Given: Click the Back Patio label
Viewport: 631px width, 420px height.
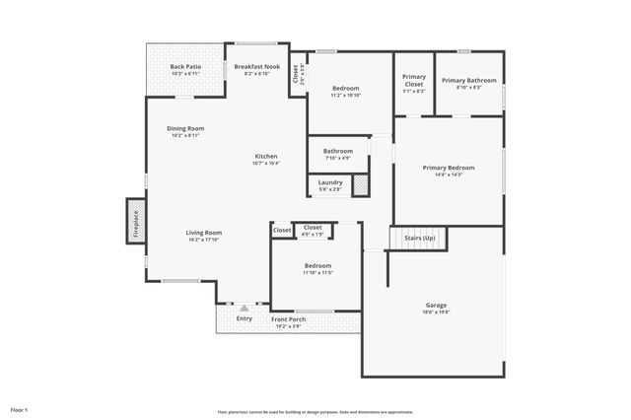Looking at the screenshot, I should (185, 67).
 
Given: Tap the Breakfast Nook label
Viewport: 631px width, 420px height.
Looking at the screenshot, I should (256, 67).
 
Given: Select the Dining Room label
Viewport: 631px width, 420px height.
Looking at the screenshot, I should (185, 129).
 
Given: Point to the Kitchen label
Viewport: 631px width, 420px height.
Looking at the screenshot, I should (265, 157).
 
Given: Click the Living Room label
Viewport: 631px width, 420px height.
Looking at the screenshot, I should (204, 233).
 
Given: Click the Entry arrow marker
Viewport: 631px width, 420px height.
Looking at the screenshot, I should (244, 309).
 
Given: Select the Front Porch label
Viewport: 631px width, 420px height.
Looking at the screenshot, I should (288, 319).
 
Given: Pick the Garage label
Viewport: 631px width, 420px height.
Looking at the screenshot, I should (436, 306).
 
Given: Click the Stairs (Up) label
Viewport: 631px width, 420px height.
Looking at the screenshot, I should (419, 238).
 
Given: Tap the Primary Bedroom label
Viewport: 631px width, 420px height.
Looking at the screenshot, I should (449, 168).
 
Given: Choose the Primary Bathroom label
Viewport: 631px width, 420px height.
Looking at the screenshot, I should (468, 81).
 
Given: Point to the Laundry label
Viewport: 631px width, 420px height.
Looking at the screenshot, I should (330, 182).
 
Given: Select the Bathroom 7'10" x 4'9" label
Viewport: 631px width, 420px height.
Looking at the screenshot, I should (337, 151).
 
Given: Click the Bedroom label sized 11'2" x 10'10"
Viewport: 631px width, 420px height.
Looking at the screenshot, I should (345, 89).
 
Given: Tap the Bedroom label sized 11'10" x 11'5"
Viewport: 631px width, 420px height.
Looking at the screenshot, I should (317, 266).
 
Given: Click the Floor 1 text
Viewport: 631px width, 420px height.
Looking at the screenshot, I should (20, 409).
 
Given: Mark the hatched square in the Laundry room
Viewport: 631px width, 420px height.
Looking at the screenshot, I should (361, 184).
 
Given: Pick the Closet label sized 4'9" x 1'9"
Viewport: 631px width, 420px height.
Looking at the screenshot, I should (313, 229).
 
